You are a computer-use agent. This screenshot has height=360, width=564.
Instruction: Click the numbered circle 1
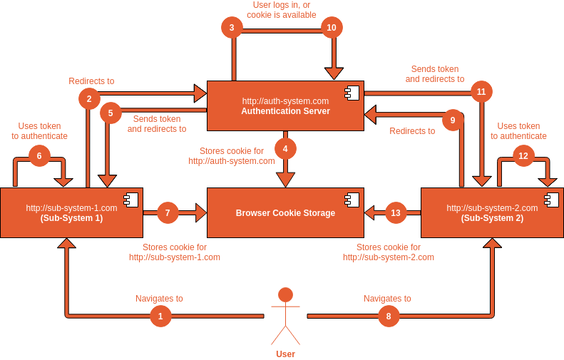[160, 316]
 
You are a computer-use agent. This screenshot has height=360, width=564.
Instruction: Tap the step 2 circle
[89, 98]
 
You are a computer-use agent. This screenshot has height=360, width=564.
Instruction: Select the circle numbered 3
[232, 28]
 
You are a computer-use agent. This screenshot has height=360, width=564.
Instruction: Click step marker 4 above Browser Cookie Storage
[285, 148]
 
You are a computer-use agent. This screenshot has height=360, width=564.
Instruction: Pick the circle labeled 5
[111, 113]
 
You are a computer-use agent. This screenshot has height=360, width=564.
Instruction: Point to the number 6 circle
[39, 155]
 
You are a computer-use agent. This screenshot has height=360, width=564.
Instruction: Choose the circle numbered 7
[168, 212]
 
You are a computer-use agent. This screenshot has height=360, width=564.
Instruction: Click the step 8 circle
[389, 316]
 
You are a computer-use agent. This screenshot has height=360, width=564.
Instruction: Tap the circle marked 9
[453, 120]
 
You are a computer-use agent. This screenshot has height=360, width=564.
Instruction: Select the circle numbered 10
[332, 28]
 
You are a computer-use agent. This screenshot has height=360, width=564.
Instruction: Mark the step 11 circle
[481, 91]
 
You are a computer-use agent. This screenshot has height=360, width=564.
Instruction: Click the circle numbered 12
[524, 155]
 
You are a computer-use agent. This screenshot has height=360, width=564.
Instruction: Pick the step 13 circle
[396, 212]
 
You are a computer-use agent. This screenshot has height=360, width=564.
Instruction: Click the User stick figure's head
[285, 294]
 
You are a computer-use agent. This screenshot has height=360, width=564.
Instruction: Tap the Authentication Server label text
[285, 111]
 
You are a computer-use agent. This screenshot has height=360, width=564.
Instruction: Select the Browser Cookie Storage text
[285, 213]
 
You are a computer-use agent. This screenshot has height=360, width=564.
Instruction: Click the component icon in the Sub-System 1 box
[131, 200]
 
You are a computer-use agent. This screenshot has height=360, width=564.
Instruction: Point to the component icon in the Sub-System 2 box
[551, 200]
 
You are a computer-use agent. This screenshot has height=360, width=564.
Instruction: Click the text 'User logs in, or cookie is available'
[282, 9]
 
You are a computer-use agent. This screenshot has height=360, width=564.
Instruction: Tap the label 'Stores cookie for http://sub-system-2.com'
[388, 252]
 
